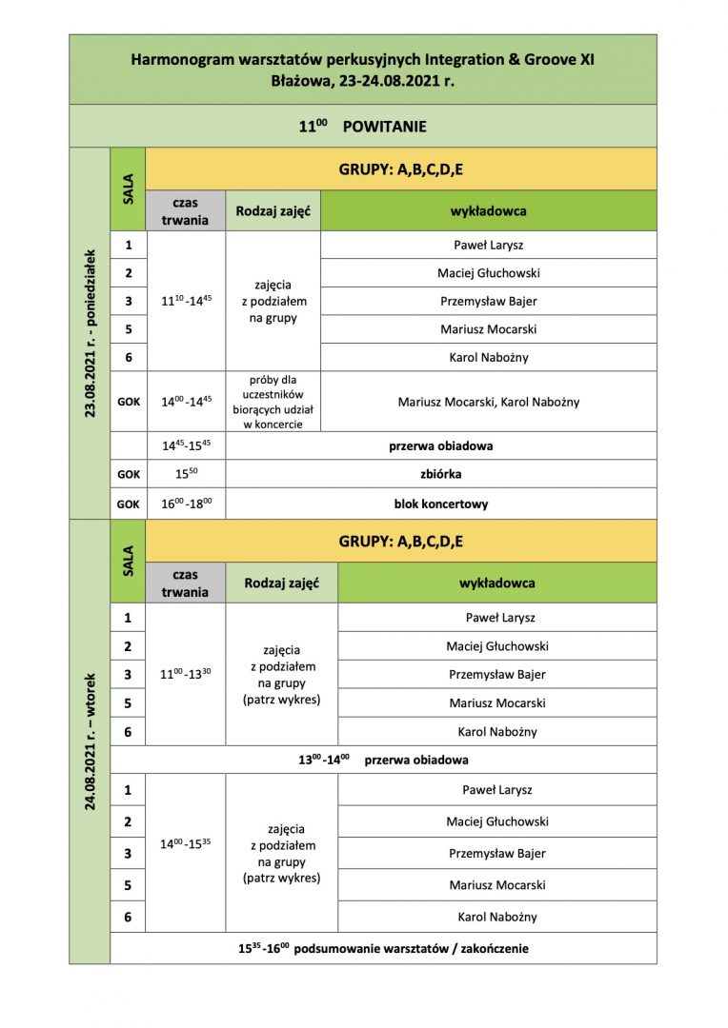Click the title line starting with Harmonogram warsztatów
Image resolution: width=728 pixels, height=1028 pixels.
tap(362, 59)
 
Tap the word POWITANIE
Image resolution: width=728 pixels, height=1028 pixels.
tap(384, 127)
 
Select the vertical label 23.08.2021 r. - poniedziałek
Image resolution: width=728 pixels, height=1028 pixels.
tap(90, 332)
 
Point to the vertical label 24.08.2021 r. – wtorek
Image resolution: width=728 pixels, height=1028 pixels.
tap(90, 741)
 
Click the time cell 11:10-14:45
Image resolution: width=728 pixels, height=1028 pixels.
tap(186, 301)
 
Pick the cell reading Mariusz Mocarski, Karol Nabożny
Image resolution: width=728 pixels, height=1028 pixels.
tap(488, 402)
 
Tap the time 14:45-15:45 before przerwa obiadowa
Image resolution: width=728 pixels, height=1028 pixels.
tap(186, 445)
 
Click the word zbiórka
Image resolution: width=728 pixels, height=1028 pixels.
tap(440, 474)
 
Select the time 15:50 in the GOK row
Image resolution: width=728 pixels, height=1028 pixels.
tap(186, 474)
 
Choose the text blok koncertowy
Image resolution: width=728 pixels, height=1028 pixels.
tap(440, 504)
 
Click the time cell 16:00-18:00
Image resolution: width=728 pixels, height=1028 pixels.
tap(186, 504)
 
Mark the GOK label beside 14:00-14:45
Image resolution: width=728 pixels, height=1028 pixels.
tap(128, 402)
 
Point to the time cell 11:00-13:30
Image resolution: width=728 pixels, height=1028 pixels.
tap(186, 674)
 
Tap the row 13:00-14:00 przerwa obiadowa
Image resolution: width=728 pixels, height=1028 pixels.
tap(383, 760)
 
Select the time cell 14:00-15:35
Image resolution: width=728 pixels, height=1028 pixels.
tap(186, 844)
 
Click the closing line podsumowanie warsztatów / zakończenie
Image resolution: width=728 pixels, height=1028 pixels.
tap(383, 948)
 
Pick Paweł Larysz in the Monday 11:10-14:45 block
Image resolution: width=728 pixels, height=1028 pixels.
tap(488, 245)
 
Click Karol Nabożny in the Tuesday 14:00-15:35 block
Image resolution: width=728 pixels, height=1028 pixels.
tap(496, 917)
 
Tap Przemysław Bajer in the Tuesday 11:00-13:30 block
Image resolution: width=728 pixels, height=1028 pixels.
tap(496, 674)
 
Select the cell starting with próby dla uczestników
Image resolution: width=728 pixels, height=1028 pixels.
tap(273, 402)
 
